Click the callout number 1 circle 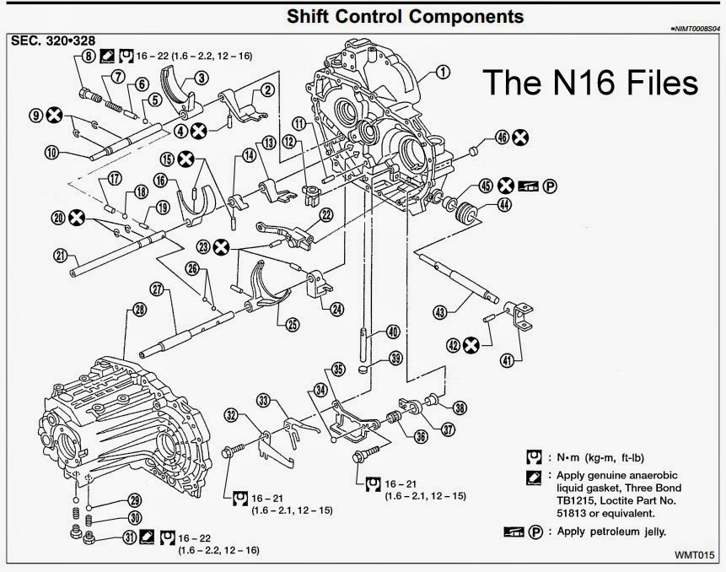pos(443,73)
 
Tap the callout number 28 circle pos(139,310)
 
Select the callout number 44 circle pos(503,204)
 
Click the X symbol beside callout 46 pos(522,137)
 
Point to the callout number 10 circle pos(51,153)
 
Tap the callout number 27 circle pos(157,288)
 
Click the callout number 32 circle pos(230,414)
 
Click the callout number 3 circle pos(202,78)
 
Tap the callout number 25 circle pos(293,324)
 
